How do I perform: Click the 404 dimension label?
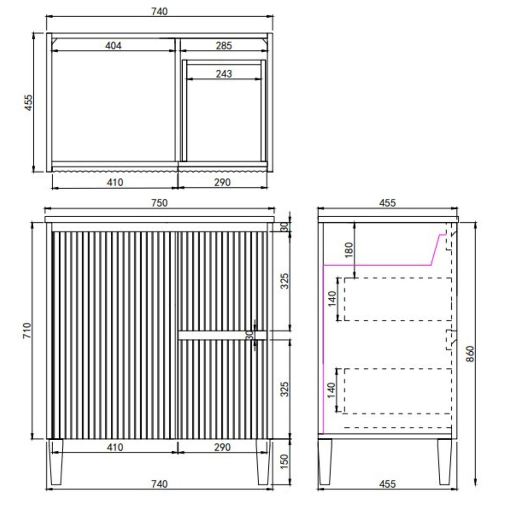point(113,46)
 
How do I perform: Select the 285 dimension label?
point(224,46)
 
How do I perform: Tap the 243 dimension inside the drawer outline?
point(224,74)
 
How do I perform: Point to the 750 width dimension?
point(159,203)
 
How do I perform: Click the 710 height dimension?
point(27,330)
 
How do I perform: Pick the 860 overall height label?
point(471,354)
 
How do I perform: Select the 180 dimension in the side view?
point(349,250)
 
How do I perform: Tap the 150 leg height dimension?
point(284,462)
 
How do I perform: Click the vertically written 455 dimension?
point(29,103)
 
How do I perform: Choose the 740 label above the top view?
point(159,12)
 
